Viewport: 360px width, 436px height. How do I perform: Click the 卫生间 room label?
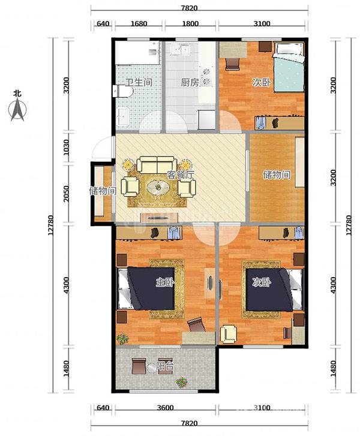tap(139, 82)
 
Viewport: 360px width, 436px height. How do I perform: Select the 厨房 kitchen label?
tap(190, 83)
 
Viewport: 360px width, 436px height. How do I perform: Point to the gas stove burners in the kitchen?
tap(207, 77)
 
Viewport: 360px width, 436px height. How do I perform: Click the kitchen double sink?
tap(181, 50)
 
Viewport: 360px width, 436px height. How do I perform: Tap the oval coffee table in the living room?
tap(158, 187)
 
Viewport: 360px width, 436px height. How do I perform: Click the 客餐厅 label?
tap(181, 175)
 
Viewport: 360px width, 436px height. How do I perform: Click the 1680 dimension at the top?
tap(139, 23)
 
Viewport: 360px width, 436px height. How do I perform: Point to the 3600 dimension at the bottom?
tap(165, 408)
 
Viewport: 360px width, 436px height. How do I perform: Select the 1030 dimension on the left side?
tap(65, 147)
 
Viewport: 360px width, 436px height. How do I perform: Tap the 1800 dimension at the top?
tap(190, 23)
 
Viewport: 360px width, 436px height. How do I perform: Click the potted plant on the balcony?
tap(181, 383)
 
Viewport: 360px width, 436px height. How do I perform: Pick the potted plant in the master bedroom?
tap(122, 339)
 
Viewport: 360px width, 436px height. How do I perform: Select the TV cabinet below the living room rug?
tap(160, 218)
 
